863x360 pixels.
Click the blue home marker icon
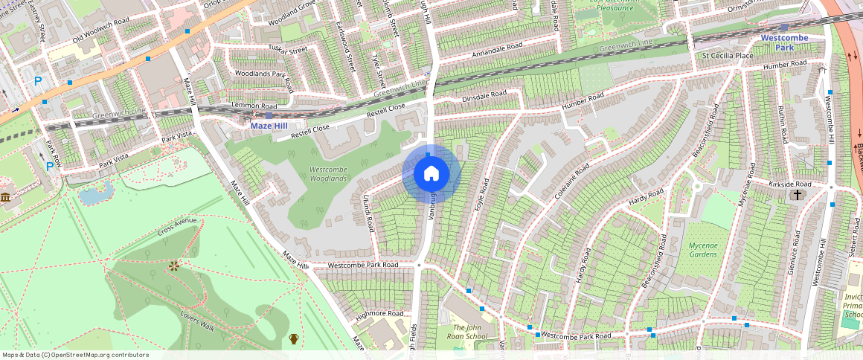[x=431, y=174]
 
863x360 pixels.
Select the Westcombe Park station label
[x=784, y=42]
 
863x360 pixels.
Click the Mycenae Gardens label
[x=692, y=249]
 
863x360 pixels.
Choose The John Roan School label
[x=470, y=332]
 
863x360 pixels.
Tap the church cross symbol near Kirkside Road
[x=797, y=195]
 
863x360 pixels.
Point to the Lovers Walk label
[x=197, y=321]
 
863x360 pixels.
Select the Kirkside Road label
[x=790, y=183]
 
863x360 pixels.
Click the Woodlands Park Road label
[x=260, y=74]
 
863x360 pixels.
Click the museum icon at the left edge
[x=5, y=198]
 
